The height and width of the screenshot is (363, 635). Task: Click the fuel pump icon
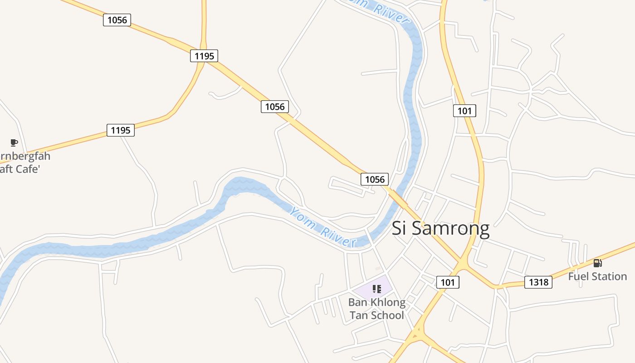(x=597, y=263)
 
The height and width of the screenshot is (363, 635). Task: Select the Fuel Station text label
(x=597, y=276)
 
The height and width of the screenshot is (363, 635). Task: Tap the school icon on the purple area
(x=376, y=289)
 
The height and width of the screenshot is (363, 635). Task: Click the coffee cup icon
(x=14, y=143)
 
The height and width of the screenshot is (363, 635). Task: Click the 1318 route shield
(x=539, y=282)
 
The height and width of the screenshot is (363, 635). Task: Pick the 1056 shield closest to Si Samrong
(x=375, y=179)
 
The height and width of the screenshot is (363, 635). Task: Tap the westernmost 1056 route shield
(x=117, y=20)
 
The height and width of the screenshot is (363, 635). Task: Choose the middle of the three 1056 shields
(x=275, y=107)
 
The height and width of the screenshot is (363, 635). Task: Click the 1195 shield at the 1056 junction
(x=204, y=56)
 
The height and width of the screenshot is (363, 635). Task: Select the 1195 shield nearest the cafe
(x=121, y=130)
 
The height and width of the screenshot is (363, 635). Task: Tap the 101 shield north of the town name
(x=464, y=111)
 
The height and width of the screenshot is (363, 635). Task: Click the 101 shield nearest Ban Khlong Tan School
(x=448, y=282)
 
